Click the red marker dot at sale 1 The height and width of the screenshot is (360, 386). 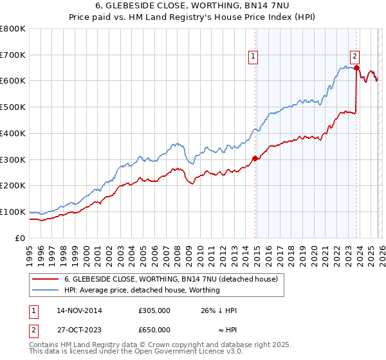coord(255,157)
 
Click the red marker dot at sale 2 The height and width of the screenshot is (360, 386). coord(356,67)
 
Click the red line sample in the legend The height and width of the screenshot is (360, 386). coord(45,279)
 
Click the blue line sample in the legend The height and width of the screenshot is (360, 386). coord(45,290)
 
